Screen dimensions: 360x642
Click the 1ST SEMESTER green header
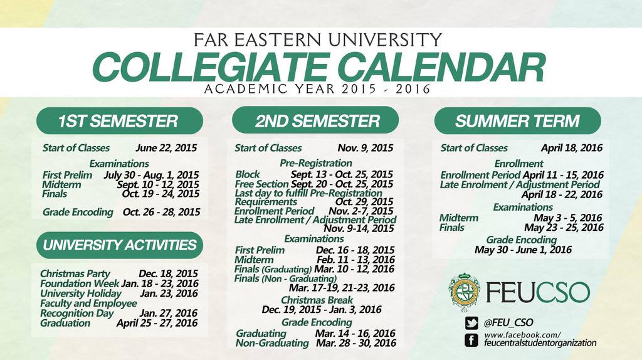pos(119,120)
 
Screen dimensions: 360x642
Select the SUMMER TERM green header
pos(517,120)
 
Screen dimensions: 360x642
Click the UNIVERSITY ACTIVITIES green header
pos(119,245)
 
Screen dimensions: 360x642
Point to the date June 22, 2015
pos(166,149)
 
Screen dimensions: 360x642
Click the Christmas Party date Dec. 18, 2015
pos(169,273)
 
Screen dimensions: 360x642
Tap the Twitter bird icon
pos(471,322)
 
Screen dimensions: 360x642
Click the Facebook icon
pos(471,339)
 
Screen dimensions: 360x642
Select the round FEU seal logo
pos(465,292)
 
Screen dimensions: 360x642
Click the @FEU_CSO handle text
pos(508,322)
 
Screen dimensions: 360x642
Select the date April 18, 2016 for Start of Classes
pos(572,149)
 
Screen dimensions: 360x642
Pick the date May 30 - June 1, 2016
pos(523,250)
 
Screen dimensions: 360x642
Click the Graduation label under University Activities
pos(65,323)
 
